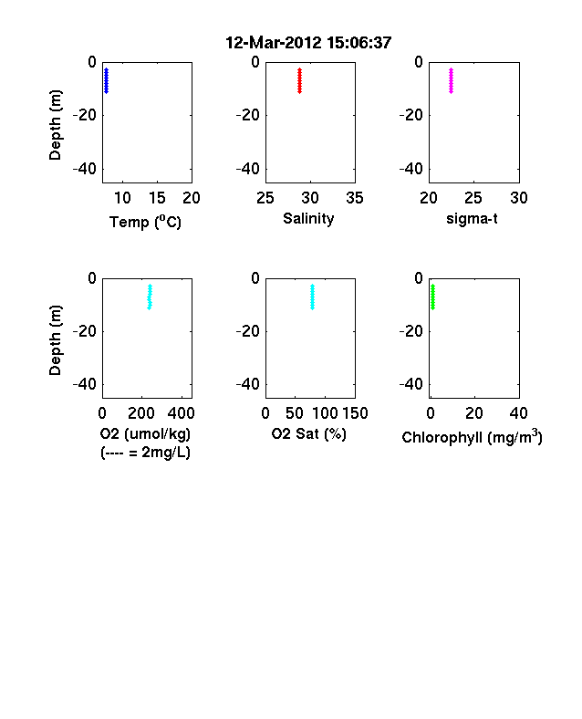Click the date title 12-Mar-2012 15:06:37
pyautogui.click(x=308, y=43)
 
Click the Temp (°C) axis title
pyautogui.click(x=145, y=222)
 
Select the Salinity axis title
pyautogui.click(x=308, y=219)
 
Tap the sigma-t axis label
pyautogui.click(x=472, y=219)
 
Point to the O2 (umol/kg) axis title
pyautogui.click(x=145, y=433)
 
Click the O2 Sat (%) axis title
pyautogui.click(x=308, y=433)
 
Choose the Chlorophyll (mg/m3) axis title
pyautogui.click(x=472, y=437)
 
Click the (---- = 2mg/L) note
pyautogui.click(x=145, y=453)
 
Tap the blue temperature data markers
pyautogui.click(x=107, y=80)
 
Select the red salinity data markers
pyautogui.click(x=300, y=80)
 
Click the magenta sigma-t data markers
pyautogui.click(x=451, y=80)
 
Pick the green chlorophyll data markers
pyautogui.click(x=432, y=297)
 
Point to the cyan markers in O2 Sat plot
pyautogui.click(x=313, y=297)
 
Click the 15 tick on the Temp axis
pyautogui.click(x=157, y=198)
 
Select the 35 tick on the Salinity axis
pyautogui.click(x=355, y=198)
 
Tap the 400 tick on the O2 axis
pyautogui.click(x=181, y=413)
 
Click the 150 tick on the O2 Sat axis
pyautogui.click(x=355, y=413)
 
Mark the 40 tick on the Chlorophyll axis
pyautogui.click(x=519, y=413)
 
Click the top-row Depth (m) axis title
pyautogui.click(x=55, y=125)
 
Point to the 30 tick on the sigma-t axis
pyautogui.click(x=519, y=198)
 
